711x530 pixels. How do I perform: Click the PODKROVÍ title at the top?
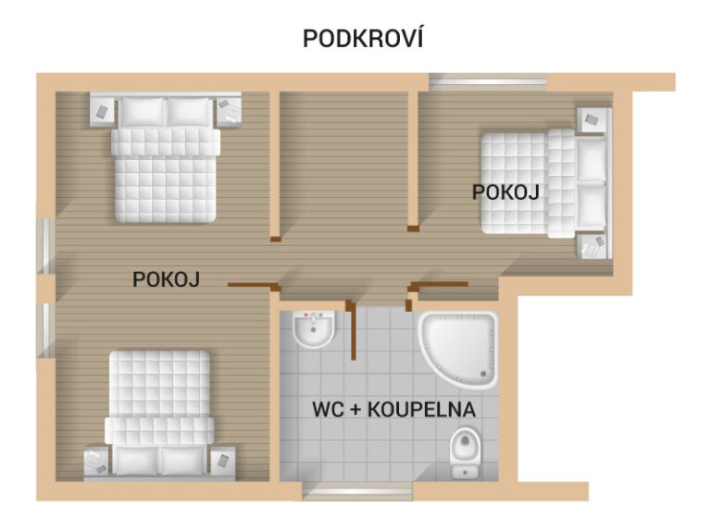click(363, 38)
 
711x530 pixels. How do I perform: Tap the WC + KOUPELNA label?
click(394, 410)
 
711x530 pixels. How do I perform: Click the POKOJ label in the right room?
click(505, 192)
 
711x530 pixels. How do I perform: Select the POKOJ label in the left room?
click(166, 279)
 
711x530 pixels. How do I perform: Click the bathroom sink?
click(314, 329)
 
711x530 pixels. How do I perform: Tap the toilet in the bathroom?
click(465, 452)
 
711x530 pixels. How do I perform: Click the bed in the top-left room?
click(166, 158)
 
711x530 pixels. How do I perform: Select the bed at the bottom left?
click(159, 413)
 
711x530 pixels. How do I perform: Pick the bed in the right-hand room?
click(544, 183)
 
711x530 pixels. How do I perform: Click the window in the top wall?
click(488, 82)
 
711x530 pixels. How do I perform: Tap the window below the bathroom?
click(357, 491)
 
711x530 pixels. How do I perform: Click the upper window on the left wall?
click(45, 246)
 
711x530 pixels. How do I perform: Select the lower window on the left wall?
click(45, 330)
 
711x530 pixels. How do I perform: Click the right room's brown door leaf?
click(442, 285)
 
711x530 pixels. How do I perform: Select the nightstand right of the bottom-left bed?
click(222, 462)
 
